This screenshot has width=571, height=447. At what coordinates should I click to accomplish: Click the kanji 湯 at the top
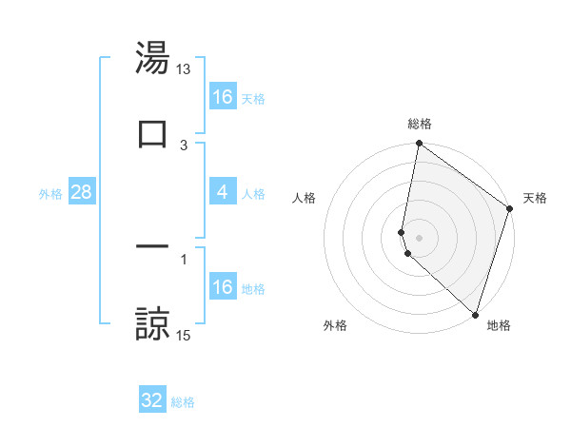coord(152,58)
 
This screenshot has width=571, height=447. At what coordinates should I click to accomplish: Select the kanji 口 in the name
coord(152,134)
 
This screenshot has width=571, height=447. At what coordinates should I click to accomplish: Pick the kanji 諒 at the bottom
coord(152,323)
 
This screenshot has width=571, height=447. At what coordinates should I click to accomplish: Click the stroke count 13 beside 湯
coord(184,69)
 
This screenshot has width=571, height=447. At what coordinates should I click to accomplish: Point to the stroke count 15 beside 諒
coord(184,336)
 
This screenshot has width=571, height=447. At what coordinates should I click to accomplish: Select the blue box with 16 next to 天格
coord(223,97)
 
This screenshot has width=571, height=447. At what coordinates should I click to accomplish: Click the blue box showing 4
coord(223,192)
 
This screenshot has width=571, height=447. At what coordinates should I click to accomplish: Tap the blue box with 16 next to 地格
coord(223,287)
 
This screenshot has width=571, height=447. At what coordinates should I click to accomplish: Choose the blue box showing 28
coord(82,192)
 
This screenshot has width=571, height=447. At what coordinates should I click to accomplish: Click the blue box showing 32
coord(152,400)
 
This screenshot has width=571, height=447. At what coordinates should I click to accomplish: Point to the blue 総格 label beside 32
coord(183,402)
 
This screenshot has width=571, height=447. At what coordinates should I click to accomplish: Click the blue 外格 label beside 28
coord(50,194)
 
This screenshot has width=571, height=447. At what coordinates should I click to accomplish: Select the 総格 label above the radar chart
coord(420,124)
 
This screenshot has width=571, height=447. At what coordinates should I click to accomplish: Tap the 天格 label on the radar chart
coord(535,198)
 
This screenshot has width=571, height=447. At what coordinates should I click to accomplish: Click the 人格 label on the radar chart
coord(304,198)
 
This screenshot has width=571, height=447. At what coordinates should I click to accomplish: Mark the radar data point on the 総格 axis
coord(419,145)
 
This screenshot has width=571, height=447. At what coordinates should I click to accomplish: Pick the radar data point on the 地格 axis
coord(475,314)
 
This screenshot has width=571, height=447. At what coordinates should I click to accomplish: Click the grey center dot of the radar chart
coord(419,237)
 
